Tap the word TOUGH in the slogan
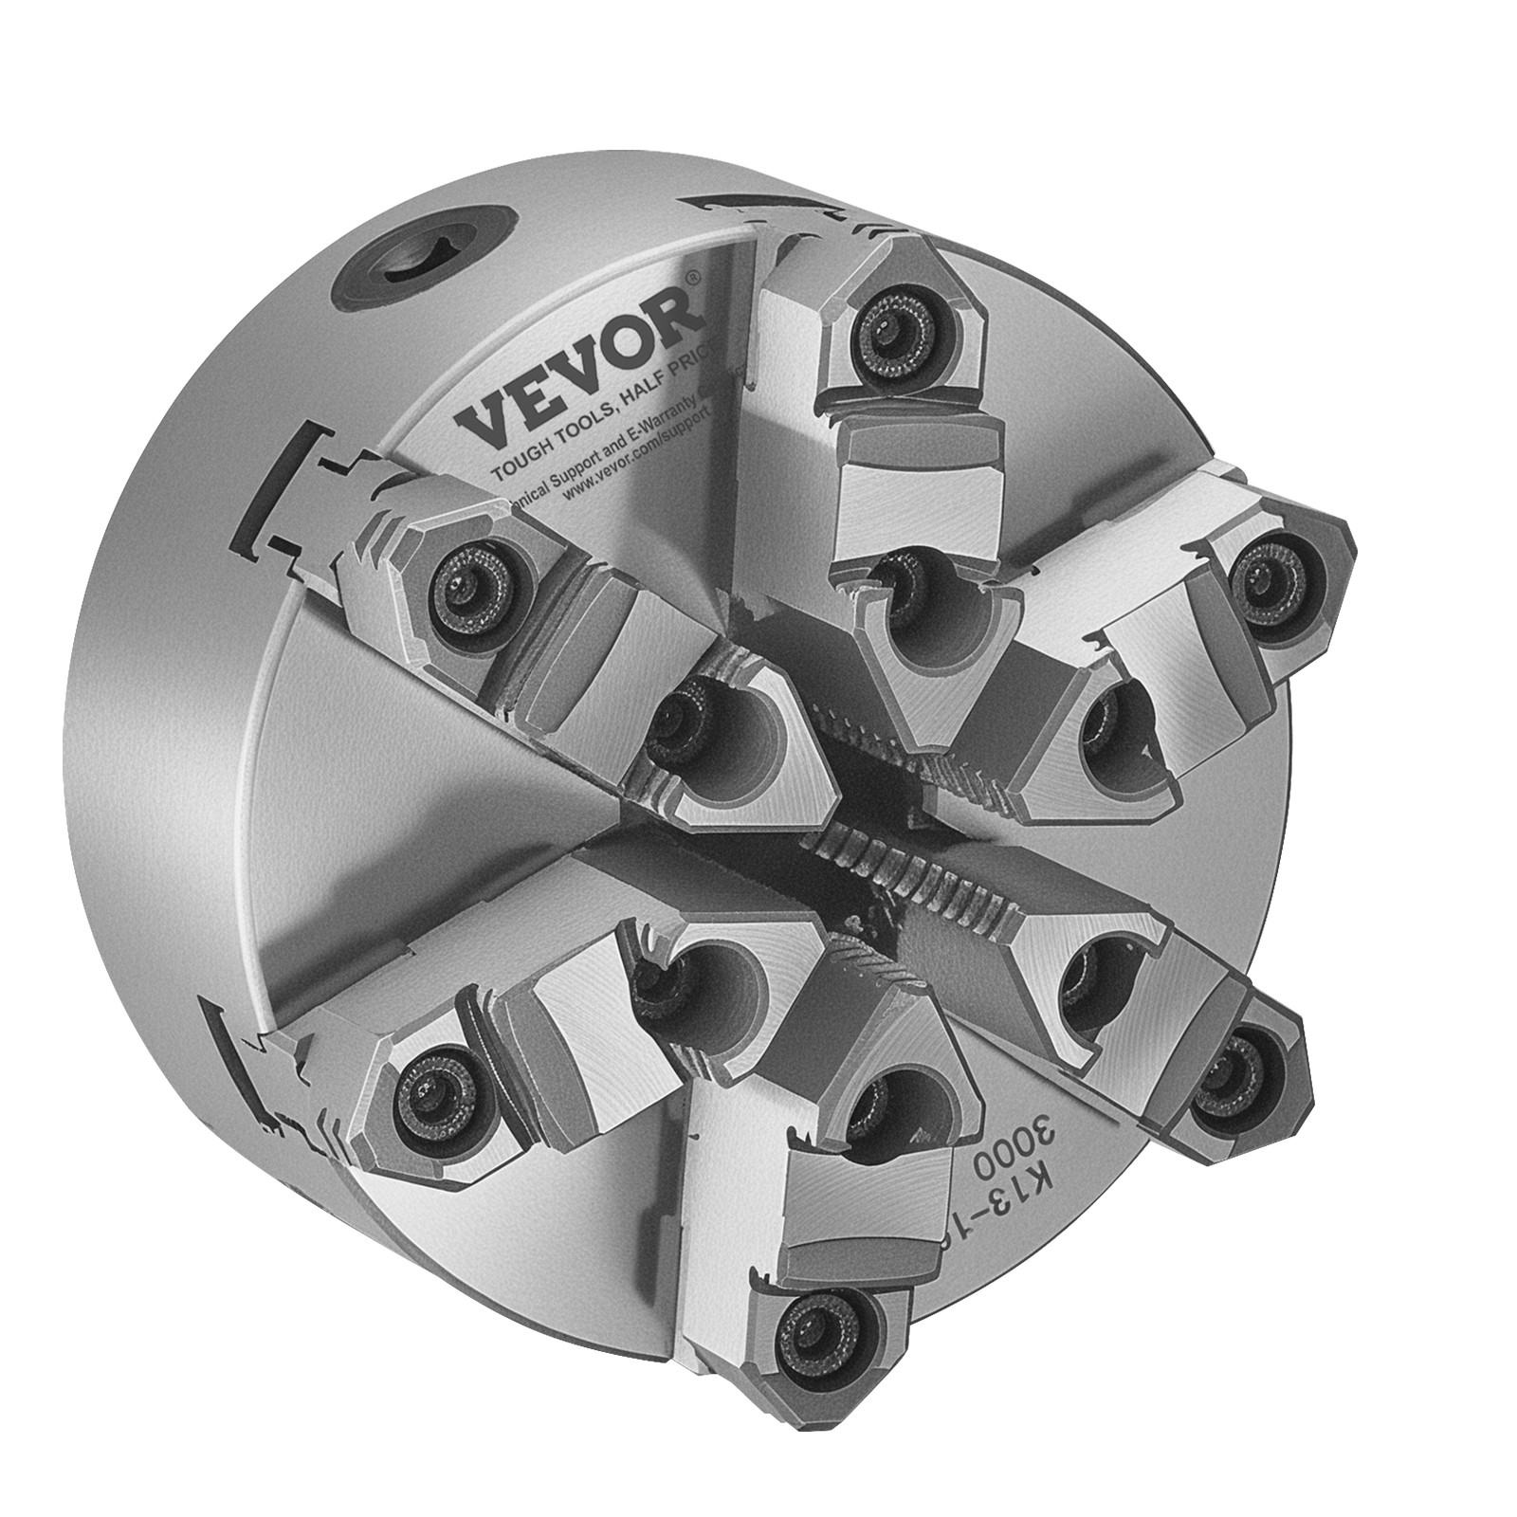pos(519,442)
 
